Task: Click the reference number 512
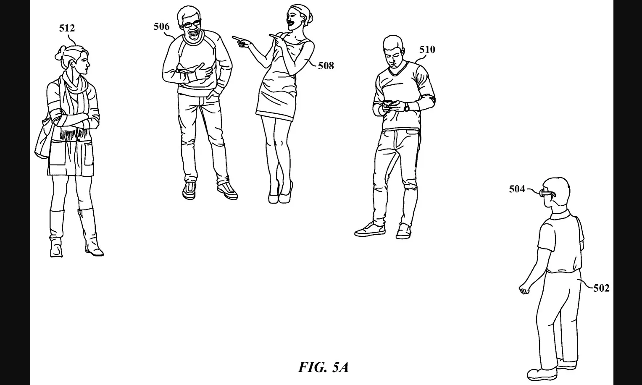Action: [x=67, y=28]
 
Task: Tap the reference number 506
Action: [x=162, y=26]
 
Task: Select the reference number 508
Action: [x=326, y=66]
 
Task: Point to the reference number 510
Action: [x=427, y=50]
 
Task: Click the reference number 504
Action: [x=517, y=189]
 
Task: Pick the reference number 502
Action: [x=601, y=288]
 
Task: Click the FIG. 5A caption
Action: [x=324, y=367]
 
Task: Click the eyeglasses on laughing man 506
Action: [x=191, y=24]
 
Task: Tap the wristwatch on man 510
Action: [x=406, y=107]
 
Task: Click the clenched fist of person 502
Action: [x=524, y=289]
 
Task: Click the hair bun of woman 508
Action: [x=309, y=17]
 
